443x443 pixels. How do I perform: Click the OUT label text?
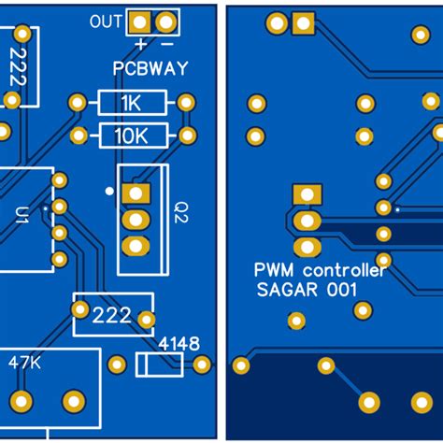(x=105, y=21)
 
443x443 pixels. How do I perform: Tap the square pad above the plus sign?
(x=140, y=21)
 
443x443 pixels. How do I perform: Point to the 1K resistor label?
(x=132, y=103)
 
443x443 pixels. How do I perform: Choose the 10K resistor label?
(x=132, y=136)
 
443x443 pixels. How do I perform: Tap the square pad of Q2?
(x=136, y=193)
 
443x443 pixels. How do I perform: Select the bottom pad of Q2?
(x=136, y=247)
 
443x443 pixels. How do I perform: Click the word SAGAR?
(x=281, y=291)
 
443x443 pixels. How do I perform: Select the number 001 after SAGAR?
(x=340, y=291)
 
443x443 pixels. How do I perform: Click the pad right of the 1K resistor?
(x=186, y=103)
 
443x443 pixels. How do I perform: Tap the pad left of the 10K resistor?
(x=79, y=136)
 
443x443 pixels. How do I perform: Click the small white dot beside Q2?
(x=110, y=192)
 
